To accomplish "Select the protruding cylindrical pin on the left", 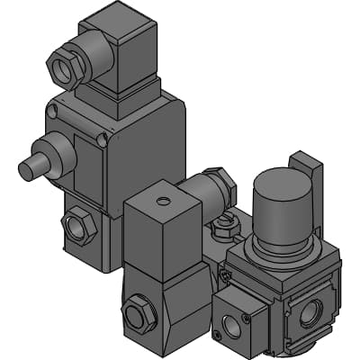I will (31, 167).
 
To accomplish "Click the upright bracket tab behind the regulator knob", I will (304, 171).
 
